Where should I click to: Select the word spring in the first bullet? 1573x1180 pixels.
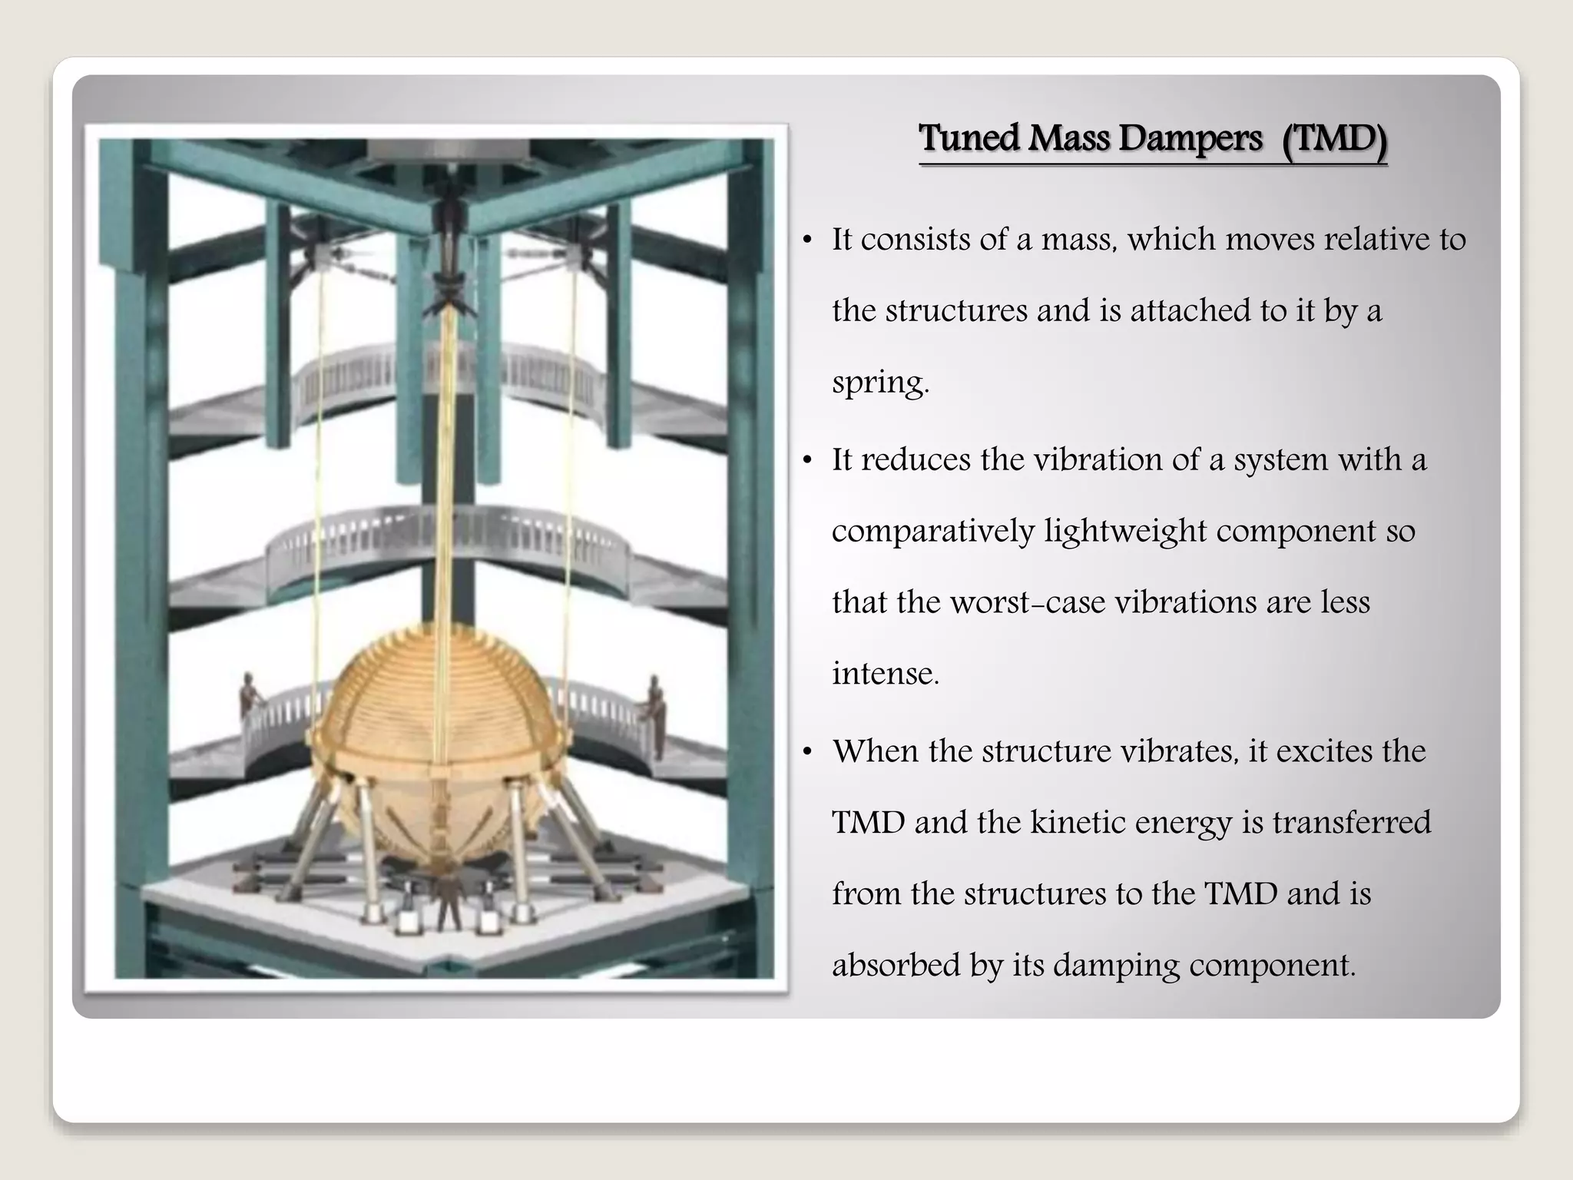click(879, 382)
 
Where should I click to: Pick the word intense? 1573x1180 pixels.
click(885, 673)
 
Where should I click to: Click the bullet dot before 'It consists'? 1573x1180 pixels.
click(806, 241)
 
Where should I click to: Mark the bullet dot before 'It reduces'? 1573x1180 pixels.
click(806, 461)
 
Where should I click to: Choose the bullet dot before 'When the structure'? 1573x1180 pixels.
click(806, 752)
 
